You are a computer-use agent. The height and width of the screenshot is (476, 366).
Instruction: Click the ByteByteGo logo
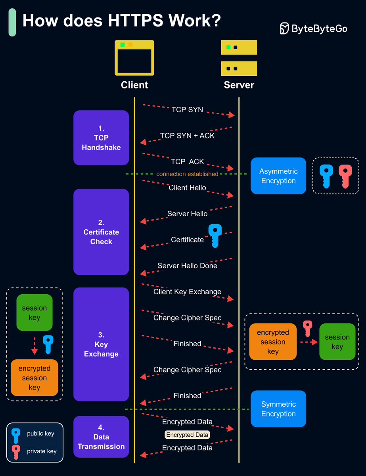pyautogui.click(x=313, y=29)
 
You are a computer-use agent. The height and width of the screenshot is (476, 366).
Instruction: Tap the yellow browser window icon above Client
pyautogui.click(x=134, y=58)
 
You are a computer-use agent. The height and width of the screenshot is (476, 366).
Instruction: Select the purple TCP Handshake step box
pyautogui.click(x=101, y=138)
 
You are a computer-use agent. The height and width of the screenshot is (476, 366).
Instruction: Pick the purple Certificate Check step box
pyautogui.click(x=101, y=232)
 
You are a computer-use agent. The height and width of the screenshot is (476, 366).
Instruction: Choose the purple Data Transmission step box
pyautogui.click(x=101, y=437)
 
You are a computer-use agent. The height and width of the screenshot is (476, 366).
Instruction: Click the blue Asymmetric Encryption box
pyautogui.click(x=278, y=176)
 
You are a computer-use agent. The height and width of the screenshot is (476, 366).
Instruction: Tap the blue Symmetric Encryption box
pyautogui.click(x=278, y=409)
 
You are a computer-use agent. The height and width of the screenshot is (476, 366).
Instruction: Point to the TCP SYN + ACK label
pyautogui.click(x=187, y=136)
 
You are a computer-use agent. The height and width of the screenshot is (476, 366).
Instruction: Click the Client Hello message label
pyautogui.click(x=187, y=188)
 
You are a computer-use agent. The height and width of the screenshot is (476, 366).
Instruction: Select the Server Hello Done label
pyautogui.click(x=187, y=266)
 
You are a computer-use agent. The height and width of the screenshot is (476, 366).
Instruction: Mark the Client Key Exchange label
pyautogui.click(x=187, y=292)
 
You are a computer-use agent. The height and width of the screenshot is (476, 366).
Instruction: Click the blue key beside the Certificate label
pyautogui.click(x=215, y=236)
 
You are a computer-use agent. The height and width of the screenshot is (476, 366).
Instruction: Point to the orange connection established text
pyautogui.click(x=187, y=174)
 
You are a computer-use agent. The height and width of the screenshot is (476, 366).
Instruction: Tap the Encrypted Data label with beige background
pyautogui.click(x=187, y=435)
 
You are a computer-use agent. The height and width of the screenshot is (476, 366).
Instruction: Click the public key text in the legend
pyautogui.click(x=40, y=434)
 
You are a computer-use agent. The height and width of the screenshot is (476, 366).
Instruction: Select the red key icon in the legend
pyautogui.click(x=16, y=452)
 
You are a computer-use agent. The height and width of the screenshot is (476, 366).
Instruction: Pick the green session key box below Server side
pyautogui.click(x=337, y=342)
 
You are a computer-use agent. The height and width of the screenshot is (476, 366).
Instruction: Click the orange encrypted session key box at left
pyautogui.click(x=34, y=378)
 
